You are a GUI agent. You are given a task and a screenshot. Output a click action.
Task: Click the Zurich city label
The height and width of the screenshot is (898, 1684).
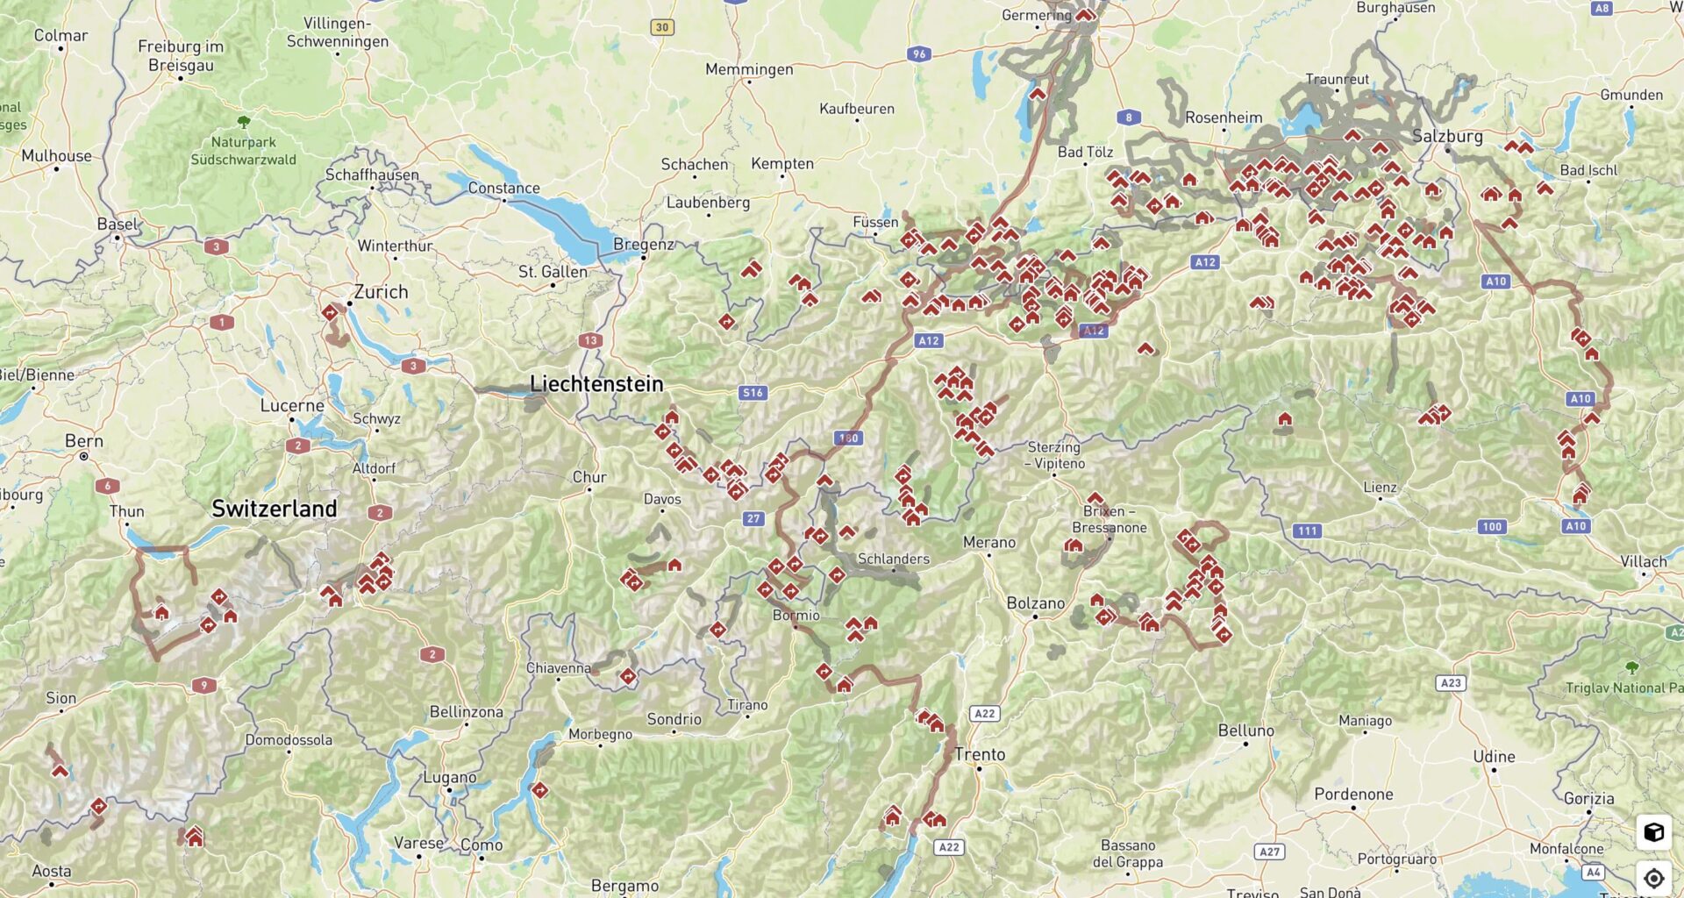(x=381, y=292)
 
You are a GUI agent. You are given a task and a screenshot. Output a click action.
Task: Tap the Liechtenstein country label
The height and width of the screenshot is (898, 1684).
(x=596, y=384)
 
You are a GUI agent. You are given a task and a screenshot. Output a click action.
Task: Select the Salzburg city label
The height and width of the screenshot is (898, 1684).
(x=1447, y=136)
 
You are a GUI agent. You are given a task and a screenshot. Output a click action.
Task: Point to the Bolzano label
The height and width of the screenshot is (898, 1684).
(x=1035, y=603)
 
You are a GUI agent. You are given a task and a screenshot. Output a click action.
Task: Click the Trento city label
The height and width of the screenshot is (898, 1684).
(x=980, y=754)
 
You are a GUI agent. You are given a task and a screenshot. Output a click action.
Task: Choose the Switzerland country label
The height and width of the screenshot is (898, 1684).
(x=274, y=509)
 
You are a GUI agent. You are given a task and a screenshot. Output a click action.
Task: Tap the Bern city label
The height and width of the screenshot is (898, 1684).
(x=84, y=441)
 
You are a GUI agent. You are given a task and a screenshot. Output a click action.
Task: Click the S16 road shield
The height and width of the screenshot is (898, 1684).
(x=753, y=393)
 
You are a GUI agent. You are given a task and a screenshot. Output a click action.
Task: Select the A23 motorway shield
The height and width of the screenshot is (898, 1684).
(x=1451, y=683)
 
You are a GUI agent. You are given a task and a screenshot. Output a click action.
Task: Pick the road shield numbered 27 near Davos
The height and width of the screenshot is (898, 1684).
(x=753, y=518)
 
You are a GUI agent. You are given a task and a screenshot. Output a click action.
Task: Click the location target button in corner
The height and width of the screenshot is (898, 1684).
(x=1653, y=877)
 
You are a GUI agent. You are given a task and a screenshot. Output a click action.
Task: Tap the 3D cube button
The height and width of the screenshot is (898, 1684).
(x=1653, y=831)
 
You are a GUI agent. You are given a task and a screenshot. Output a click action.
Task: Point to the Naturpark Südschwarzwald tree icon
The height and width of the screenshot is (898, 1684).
(x=244, y=122)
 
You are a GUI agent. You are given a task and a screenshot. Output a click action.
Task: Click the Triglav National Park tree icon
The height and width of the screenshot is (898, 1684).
(x=1631, y=668)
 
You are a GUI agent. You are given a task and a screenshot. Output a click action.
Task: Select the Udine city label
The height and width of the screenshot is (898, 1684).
(x=1494, y=757)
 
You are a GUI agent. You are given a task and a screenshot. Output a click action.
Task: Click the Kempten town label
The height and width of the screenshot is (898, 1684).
(x=782, y=164)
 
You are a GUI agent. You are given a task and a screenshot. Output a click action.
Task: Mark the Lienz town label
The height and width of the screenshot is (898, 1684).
(x=1380, y=488)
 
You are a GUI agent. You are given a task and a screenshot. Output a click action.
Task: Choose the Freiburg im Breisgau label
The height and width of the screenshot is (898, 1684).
(x=181, y=55)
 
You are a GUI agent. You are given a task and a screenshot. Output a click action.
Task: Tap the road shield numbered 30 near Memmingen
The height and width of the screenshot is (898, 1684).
(x=662, y=27)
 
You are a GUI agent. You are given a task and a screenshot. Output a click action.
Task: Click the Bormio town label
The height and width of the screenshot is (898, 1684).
(x=796, y=616)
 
